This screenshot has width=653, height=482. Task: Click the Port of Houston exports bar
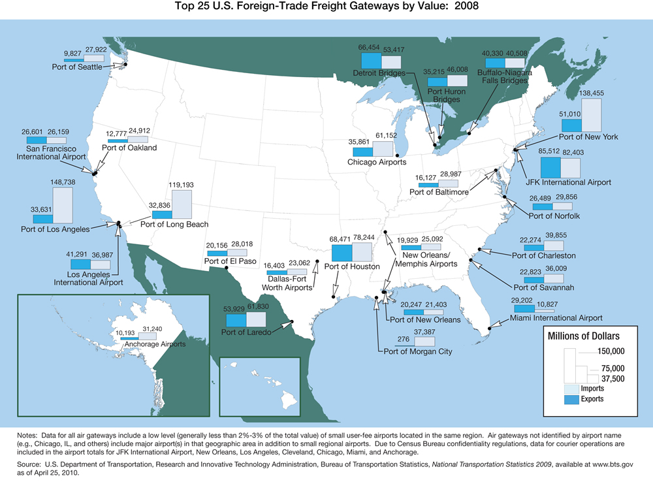[342, 252]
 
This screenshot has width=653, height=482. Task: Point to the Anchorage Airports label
[151, 344]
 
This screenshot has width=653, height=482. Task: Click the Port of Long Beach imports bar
[182, 204]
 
